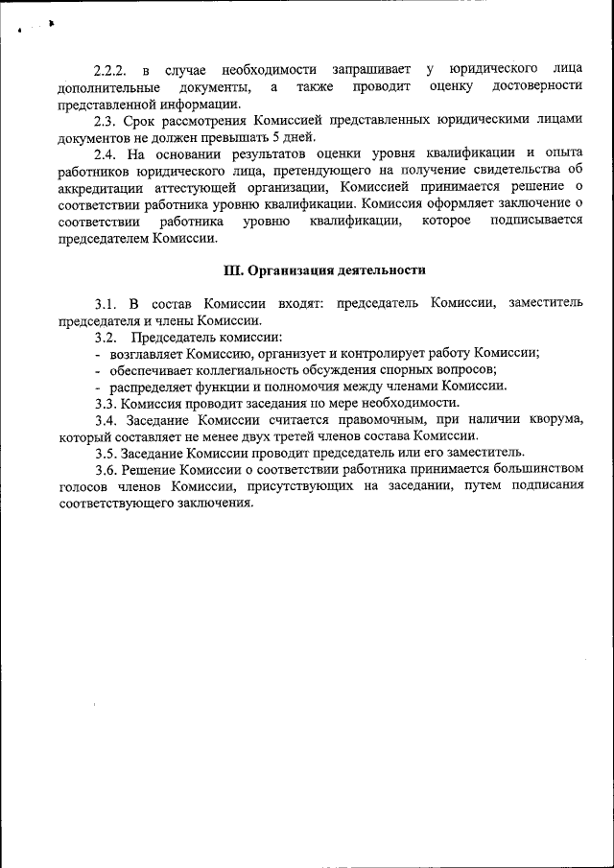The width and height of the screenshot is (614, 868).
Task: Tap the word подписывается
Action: tap(535, 221)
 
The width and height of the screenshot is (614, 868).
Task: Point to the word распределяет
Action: tap(153, 386)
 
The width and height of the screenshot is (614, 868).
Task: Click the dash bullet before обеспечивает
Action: tap(98, 370)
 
